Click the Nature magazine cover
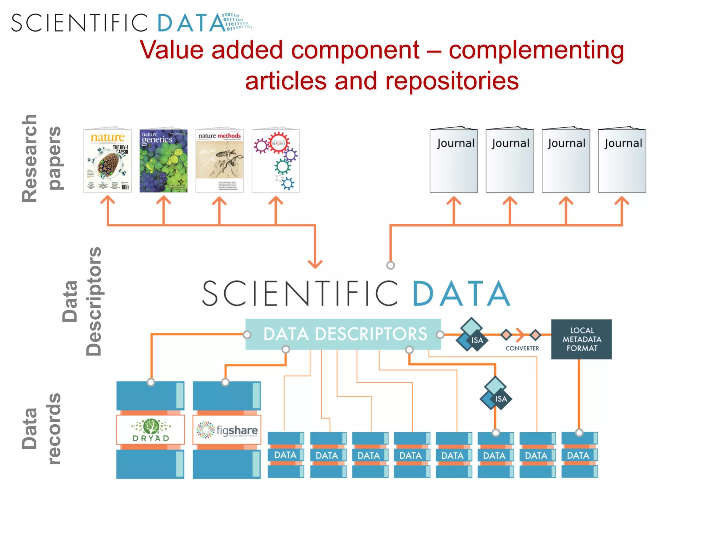[107, 161]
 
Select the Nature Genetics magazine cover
[163, 161]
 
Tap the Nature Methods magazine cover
[219, 161]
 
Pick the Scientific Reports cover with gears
[276, 161]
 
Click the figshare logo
[227, 430]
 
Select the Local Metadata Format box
[581, 339]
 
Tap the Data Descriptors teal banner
[343, 334]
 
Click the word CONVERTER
[522, 348]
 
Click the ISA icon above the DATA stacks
[495, 394]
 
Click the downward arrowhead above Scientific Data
[315, 264]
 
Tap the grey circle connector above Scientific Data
[390, 265]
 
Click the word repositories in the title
[452, 81]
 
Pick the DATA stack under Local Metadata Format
[579, 455]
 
